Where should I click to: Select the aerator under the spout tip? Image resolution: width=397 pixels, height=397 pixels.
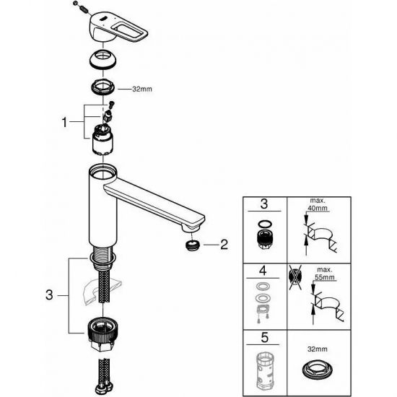(191, 245)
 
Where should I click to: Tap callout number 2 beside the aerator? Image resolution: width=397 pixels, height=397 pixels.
(224, 245)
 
